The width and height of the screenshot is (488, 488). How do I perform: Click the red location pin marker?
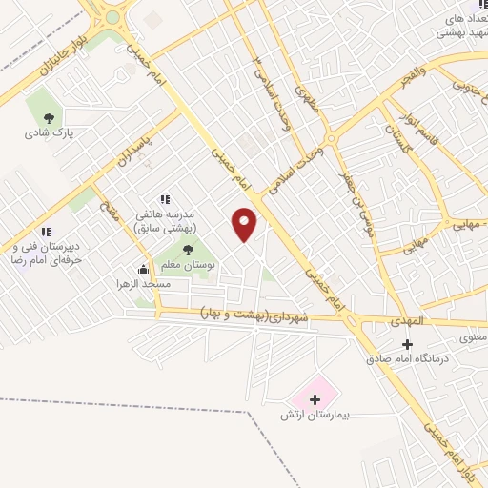tap(245, 224)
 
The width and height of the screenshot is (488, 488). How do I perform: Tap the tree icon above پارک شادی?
tap(49, 118)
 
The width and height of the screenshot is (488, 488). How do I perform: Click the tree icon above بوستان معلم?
tap(188, 249)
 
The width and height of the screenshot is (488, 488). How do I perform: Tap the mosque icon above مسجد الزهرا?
tap(143, 269)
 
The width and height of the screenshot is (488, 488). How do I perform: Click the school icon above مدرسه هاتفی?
tap(165, 200)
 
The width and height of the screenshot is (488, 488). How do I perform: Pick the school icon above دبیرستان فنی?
tap(45, 232)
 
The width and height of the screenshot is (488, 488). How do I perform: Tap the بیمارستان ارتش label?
tap(316, 416)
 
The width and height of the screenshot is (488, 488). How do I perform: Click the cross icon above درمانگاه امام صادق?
tap(407, 344)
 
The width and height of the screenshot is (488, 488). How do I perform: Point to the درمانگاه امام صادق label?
tap(407, 359)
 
